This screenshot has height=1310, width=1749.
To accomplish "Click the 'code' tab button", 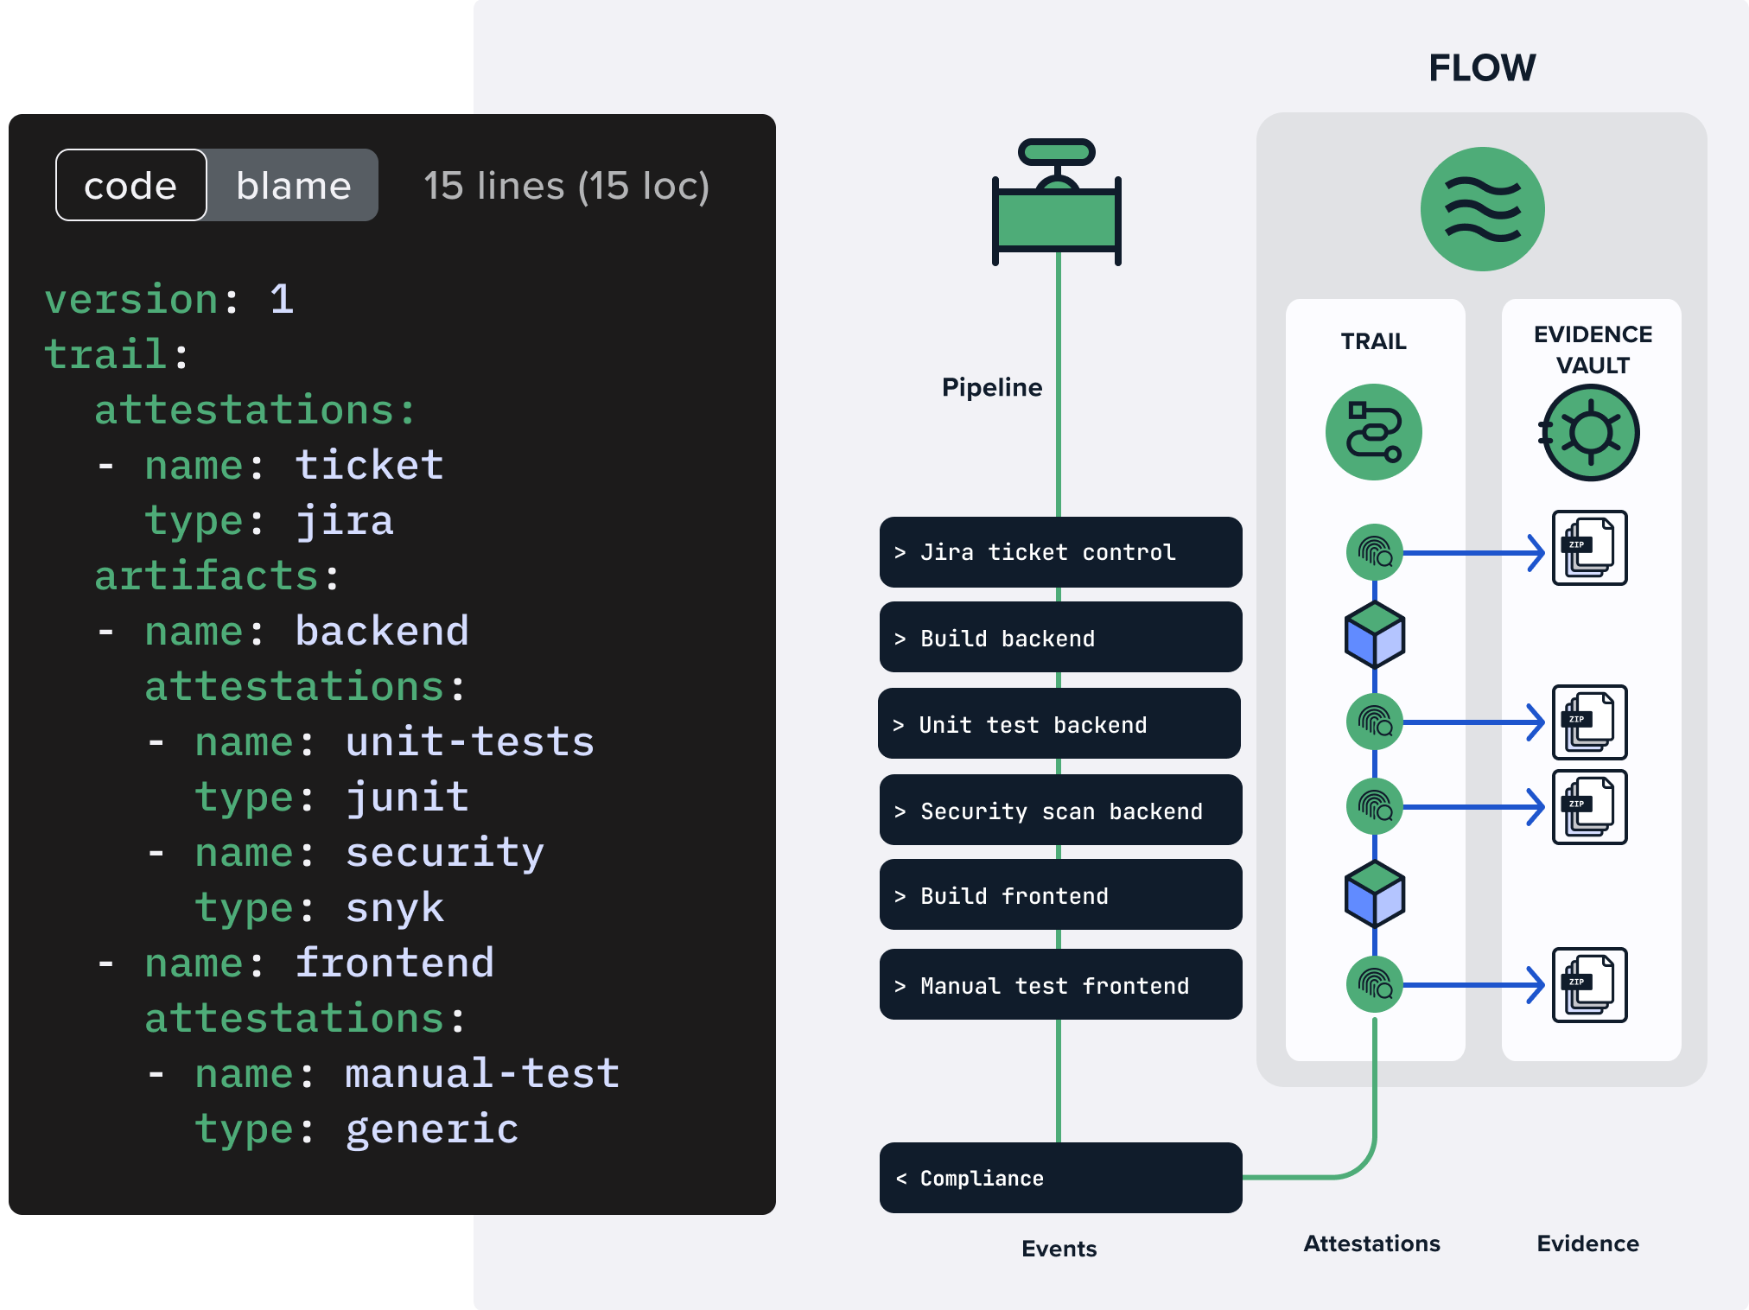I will [130, 185].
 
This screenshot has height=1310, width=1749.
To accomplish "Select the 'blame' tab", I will [294, 185].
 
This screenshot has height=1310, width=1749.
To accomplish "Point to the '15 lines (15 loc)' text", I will [566, 186].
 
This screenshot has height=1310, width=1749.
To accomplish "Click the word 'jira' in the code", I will [345, 521].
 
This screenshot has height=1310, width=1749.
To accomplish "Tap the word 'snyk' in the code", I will [395, 908].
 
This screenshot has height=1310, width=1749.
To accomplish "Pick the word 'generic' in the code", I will [432, 1129].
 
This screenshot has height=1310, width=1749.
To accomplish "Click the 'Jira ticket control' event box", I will [1060, 552].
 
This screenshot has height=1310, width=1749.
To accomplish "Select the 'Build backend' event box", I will [1060, 638].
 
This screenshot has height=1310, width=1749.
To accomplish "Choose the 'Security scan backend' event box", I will [1060, 811].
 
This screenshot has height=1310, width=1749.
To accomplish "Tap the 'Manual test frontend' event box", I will [1060, 985].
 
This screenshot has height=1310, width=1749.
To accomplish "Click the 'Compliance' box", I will [1060, 1178].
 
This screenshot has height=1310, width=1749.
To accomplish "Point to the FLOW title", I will [1482, 67].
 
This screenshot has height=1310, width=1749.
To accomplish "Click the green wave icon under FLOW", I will [1482, 209].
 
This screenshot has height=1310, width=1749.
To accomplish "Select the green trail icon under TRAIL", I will [1373, 432].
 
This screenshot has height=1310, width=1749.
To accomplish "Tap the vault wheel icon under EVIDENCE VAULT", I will [1591, 432].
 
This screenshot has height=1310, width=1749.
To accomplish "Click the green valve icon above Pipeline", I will [1057, 204].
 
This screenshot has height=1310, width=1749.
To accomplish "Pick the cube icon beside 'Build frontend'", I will [1374, 894].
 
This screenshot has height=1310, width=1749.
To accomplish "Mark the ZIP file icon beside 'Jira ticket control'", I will [1589, 548].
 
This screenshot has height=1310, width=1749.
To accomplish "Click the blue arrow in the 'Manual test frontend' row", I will [1473, 985].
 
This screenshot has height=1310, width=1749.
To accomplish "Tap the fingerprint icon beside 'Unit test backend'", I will [1374, 722].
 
